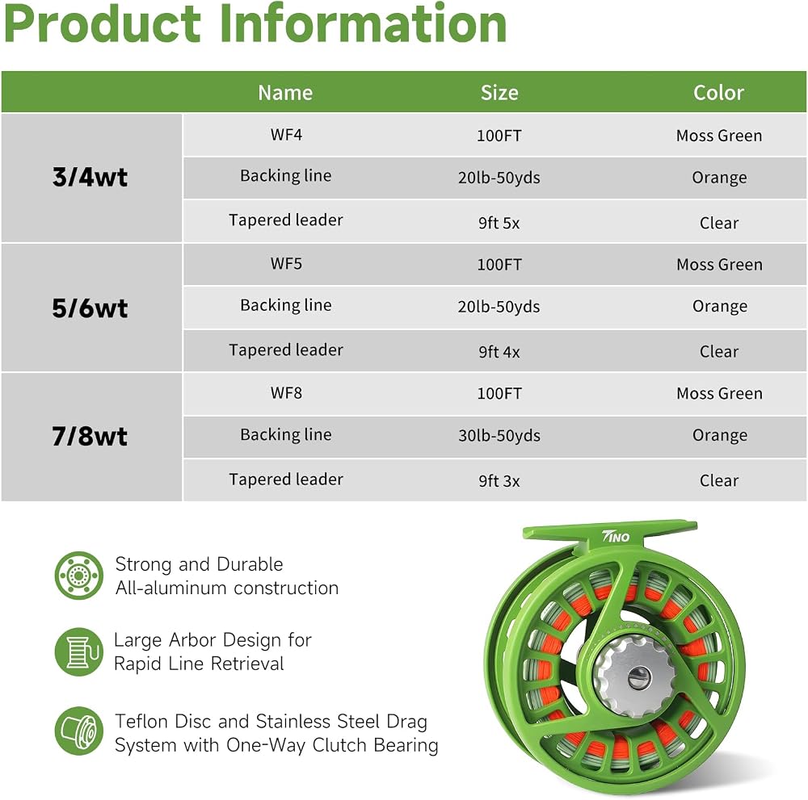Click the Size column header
499,93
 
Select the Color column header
718,93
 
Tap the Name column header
285,93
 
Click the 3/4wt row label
90,177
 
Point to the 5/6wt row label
90,308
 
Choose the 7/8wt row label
90,437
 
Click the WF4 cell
287,134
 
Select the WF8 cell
287,393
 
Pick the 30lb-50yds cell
499,436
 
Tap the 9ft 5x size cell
499,223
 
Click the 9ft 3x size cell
499,481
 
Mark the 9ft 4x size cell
499,352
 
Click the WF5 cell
287,264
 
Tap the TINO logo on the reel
617,536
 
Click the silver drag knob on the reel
635,676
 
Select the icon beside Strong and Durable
79,576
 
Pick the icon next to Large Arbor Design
79,651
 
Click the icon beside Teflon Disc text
79,731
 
